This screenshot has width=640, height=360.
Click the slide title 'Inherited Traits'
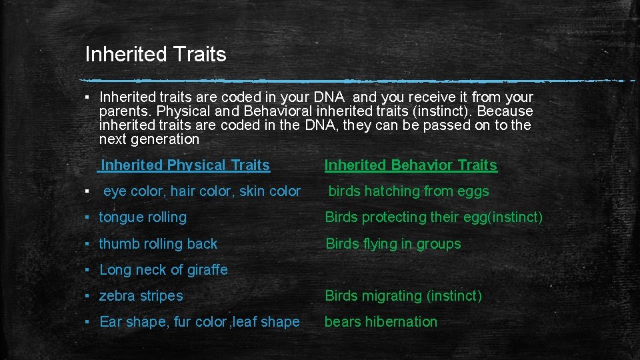point(155,54)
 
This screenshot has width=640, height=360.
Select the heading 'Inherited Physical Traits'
point(185,165)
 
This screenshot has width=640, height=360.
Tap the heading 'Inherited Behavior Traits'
point(411,165)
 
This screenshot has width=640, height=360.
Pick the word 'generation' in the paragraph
point(166,139)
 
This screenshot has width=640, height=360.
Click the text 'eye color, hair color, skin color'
point(202,191)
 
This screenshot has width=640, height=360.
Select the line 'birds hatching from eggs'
point(409,191)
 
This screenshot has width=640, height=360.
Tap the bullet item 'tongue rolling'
point(143,217)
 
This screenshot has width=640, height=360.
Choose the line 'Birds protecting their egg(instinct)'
point(433,217)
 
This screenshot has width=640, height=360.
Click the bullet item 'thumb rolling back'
point(158,244)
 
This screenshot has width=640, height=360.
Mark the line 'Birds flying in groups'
point(393,244)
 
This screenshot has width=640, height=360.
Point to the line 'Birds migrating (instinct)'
point(403,296)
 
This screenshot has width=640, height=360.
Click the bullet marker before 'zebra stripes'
point(88,296)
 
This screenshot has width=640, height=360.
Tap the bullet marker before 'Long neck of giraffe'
point(88,270)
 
